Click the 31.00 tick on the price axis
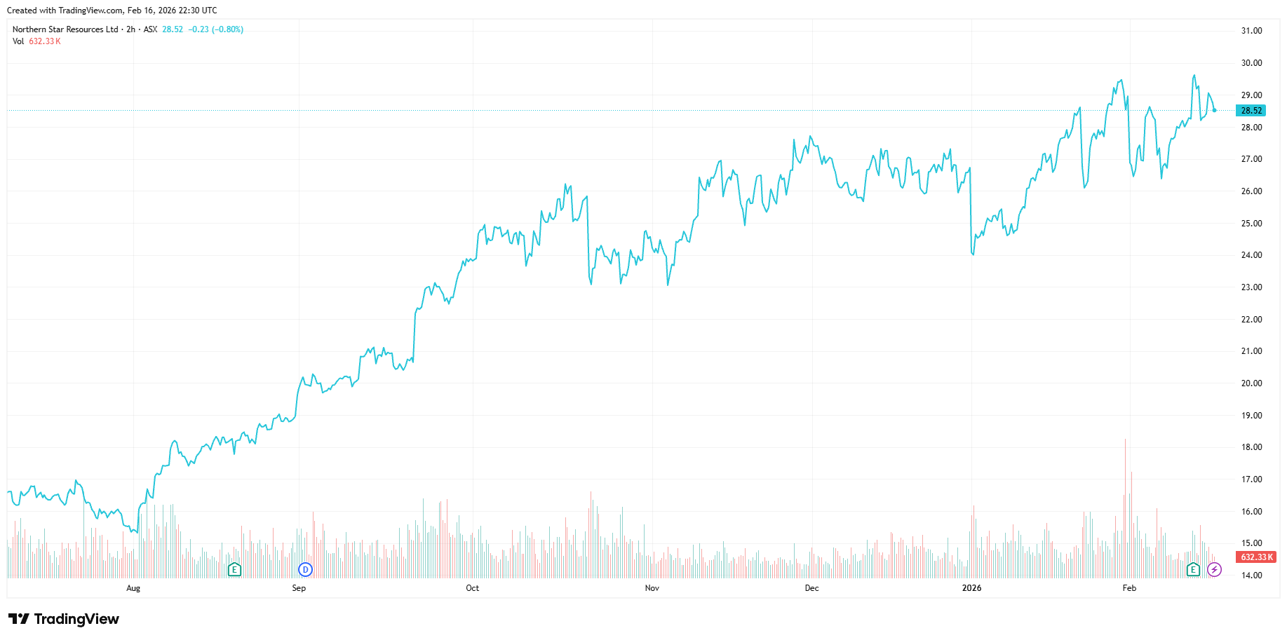pos(1251,31)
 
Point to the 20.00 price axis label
pos(1251,383)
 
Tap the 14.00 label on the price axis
pos(1251,576)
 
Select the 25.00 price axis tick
pos(1251,224)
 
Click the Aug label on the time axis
pos(133,588)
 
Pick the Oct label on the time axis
pos(472,588)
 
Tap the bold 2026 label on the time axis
pos(971,588)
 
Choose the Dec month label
pos(811,588)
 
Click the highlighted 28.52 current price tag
pos(1251,111)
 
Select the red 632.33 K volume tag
pos(1255,557)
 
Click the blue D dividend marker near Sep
pos(305,569)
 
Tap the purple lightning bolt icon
pos(1215,569)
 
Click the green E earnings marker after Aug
pos(234,569)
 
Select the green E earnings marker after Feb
pos(1193,569)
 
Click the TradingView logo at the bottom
pos(64,619)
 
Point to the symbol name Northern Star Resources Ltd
pos(65,29)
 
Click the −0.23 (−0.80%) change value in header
pos(216,29)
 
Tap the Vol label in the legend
pos(18,41)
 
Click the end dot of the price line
pos(1215,110)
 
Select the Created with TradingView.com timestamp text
pos(112,11)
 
